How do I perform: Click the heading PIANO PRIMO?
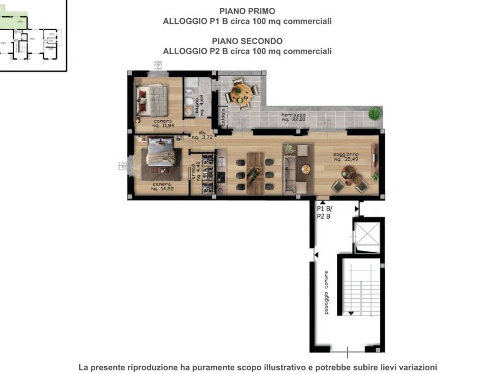247,11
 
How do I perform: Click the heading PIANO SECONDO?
247,41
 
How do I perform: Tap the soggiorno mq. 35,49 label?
346,157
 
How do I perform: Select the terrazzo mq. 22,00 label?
293,117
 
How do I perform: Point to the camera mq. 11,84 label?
162,123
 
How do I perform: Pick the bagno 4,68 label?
199,104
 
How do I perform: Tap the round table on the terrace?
241,93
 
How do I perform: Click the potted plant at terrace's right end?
374,113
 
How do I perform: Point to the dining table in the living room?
254,173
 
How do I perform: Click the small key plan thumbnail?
32,37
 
